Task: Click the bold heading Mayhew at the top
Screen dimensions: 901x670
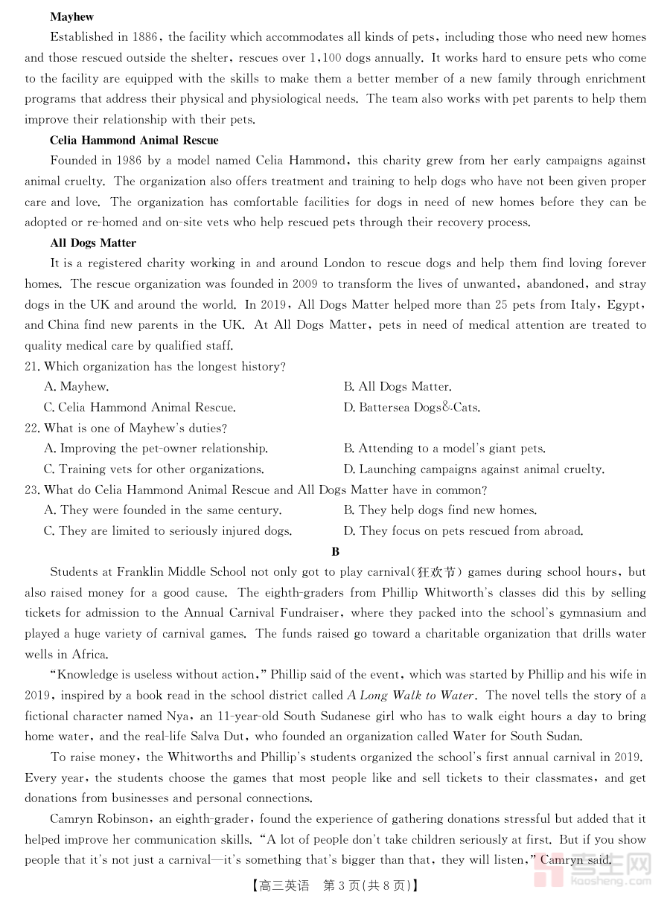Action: pos(71,16)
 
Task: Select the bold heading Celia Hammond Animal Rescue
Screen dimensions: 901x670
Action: pos(134,140)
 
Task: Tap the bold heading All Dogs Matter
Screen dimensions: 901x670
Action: pos(93,243)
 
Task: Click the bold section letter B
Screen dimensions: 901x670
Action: pos(336,551)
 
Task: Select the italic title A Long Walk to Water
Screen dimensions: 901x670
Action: pos(410,696)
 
